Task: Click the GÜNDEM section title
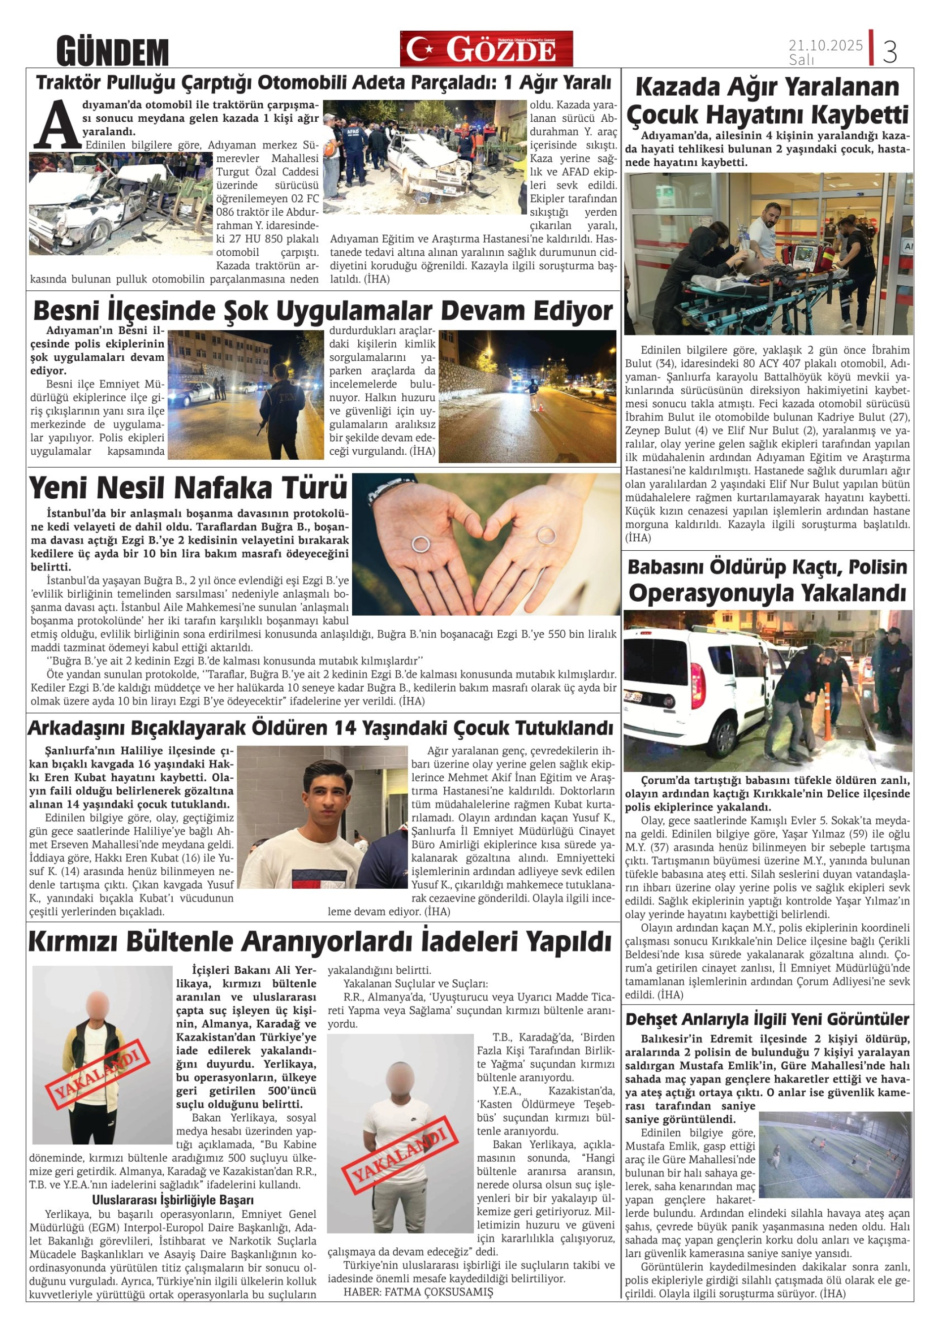point(112,52)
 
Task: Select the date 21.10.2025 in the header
point(825,45)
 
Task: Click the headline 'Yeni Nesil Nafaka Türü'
point(188,488)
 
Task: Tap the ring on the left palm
point(420,543)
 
